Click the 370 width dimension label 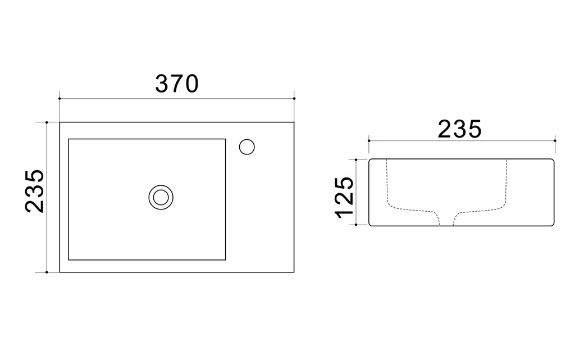click(x=177, y=84)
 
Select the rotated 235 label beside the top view click(x=35, y=191)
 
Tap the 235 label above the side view click(x=459, y=129)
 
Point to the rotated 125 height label click(x=344, y=198)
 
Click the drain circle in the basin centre click(x=161, y=197)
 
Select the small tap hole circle click(x=247, y=147)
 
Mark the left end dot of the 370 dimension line click(x=60, y=98)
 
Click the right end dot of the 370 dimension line click(x=294, y=98)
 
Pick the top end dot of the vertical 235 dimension click(x=47, y=122)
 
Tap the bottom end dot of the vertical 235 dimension click(x=47, y=272)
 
